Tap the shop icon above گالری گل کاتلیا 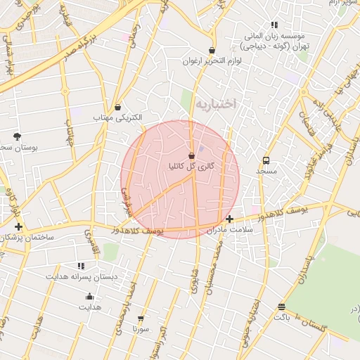[192, 155]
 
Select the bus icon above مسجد [266, 160]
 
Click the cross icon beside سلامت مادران [230, 219]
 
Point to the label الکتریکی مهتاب [118, 117]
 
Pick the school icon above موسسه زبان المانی [274, 25]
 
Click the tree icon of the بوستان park [17, 136]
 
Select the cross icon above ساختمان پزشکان [18, 226]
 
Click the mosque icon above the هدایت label [89, 296]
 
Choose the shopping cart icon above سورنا [141, 319]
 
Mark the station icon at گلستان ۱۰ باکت [281, 307]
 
